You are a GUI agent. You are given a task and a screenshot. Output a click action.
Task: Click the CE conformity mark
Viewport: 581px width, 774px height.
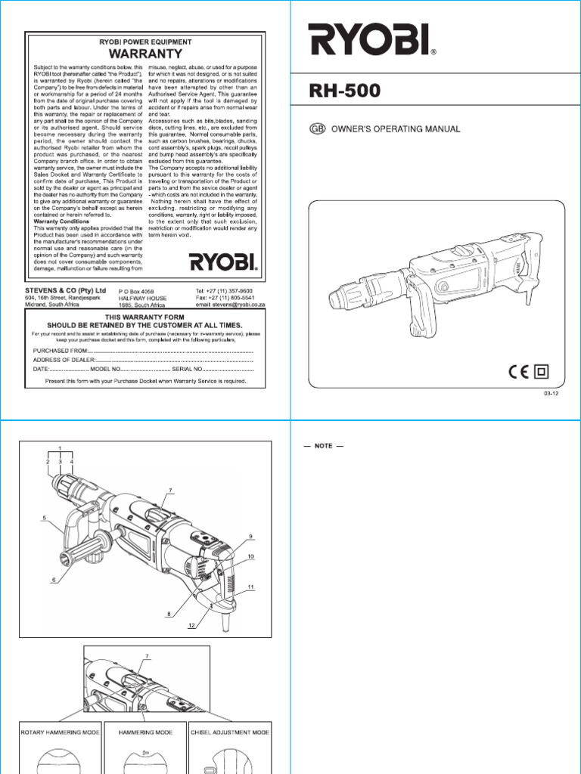coord(518,371)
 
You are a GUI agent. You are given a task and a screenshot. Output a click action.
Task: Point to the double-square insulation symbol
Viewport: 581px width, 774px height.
coord(542,371)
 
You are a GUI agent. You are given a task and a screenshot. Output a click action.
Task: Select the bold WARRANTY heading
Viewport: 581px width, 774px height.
coord(146,54)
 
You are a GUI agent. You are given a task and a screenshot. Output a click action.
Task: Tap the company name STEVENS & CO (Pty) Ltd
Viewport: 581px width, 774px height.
coord(71,290)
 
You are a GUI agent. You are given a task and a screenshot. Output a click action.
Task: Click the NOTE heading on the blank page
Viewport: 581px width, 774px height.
coord(324,447)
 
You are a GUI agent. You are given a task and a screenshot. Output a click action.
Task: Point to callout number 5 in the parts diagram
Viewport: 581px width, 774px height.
coord(45,519)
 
